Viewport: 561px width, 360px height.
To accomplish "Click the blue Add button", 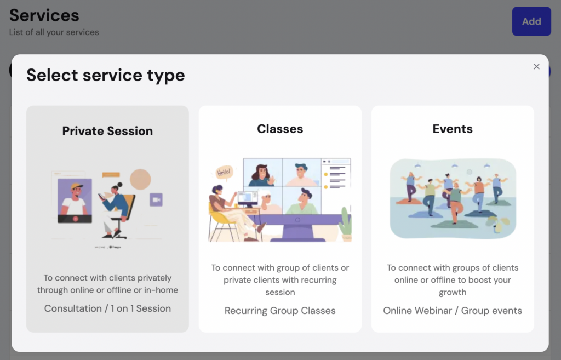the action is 531,21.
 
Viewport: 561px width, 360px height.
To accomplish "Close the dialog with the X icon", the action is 536,66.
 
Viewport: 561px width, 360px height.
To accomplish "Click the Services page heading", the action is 44,15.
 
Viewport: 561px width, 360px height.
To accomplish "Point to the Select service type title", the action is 106,75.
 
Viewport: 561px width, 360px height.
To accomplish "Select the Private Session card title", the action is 107,131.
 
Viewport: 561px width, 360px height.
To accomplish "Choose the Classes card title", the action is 280,129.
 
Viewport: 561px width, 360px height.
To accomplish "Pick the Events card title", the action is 453,129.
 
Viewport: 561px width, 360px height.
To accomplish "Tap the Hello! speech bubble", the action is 224,173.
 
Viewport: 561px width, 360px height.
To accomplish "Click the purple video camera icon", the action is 156,199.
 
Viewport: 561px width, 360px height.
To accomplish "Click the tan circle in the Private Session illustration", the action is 140,179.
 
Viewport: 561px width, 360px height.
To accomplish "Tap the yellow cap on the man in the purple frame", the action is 77,186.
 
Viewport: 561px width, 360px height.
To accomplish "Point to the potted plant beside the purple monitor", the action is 345,224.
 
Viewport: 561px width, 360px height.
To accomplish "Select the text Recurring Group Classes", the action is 280,311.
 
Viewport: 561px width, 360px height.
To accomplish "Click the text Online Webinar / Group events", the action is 453,311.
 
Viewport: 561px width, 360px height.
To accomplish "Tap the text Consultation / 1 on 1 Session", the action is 107,308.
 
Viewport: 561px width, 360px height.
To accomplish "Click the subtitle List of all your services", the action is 54,32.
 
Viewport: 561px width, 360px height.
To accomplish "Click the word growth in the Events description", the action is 453,293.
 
